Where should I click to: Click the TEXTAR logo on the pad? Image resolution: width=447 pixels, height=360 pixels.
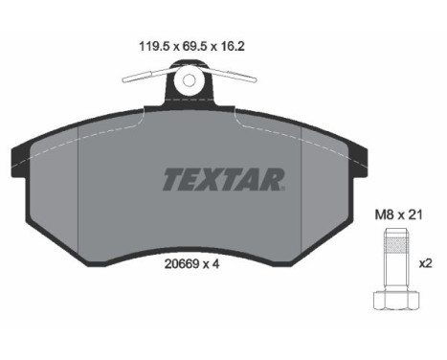(224, 180)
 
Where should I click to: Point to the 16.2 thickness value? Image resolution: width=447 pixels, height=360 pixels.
(232, 47)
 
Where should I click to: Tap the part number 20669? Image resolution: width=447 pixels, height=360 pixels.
(182, 263)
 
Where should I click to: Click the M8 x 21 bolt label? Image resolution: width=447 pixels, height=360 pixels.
(398, 214)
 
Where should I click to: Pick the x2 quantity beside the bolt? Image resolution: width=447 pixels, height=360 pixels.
(425, 263)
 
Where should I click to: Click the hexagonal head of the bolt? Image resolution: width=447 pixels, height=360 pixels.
(395, 300)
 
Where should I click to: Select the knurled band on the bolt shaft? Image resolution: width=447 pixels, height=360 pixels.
(396, 244)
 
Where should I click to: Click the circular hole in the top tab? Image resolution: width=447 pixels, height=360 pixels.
(190, 79)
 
